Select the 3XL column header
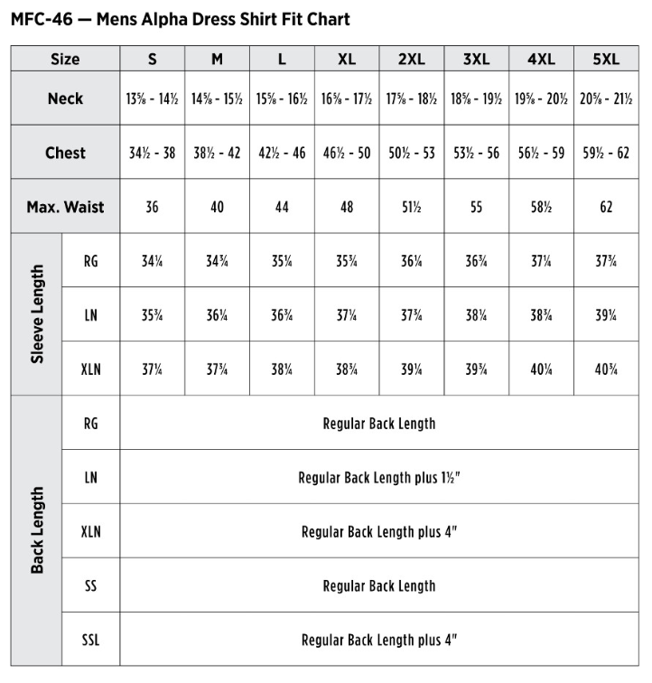tap(476, 59)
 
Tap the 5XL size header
tap(606, 59)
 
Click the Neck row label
tap(65, 98)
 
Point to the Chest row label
tap(65, 153)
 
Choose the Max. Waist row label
tap(65, 207)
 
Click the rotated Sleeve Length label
tap(37, 313)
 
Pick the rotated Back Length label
tap(37, 530)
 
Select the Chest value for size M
tap(217, 153)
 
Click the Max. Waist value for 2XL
tap(412, 207)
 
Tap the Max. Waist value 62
tap(606, 207)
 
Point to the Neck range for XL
tap(347, 98)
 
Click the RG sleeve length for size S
tap(152, 262)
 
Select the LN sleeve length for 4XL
tap(541, 315)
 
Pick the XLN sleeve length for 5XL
tap(606, 369)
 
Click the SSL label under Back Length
tap(90, 640)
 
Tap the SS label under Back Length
tap(90, 585)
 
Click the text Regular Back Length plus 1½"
tap(378, 477)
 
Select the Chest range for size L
tap(282, 153)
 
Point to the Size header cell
tap(65, 59)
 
